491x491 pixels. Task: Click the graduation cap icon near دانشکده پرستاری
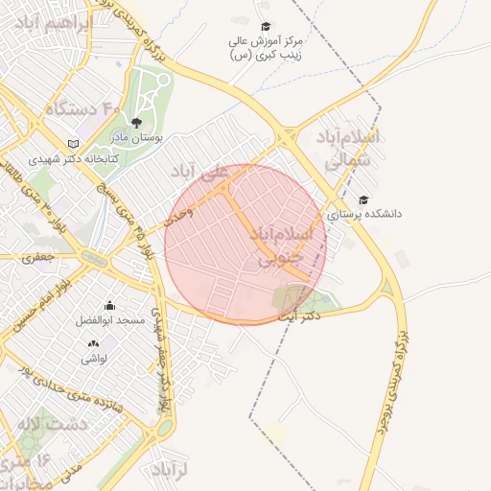coord(362,199)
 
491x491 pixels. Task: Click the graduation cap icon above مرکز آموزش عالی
coord(266,27)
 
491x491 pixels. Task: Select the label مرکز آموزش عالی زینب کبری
coord(266,50)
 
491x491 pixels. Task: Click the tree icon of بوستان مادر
coord(136,123)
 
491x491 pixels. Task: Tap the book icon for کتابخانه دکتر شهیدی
coord(71,144)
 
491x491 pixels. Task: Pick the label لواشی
coord(93,358)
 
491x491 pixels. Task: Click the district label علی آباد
coord(200,172)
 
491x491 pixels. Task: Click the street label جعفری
coord(38,256)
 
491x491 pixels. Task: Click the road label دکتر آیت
coord(296,316)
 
